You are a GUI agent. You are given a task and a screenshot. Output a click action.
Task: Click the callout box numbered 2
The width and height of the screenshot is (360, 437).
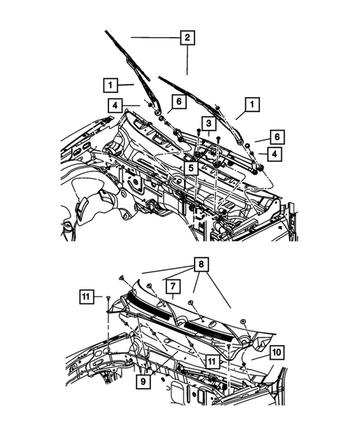(x=187, y=37)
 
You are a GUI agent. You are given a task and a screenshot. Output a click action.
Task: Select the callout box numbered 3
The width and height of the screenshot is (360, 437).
(x=210, y=123)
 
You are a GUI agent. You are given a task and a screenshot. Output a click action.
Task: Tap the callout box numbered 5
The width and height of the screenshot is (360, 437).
(x=191, y=169)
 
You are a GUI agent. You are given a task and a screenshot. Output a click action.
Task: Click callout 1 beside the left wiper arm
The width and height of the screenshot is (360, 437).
(x=111, y=84)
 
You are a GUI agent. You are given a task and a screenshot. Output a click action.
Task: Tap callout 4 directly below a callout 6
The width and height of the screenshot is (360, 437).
(x=275, y=154)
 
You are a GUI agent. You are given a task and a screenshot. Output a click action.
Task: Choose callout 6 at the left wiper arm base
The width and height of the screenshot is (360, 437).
(x=178, y=102)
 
